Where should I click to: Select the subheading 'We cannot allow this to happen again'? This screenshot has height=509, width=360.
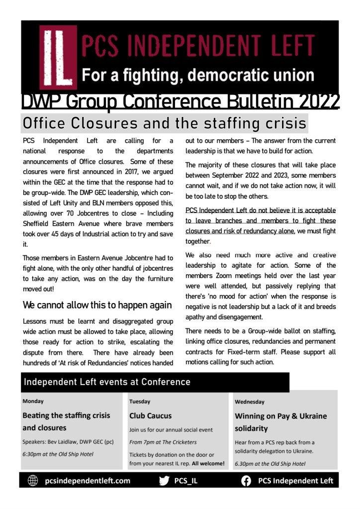[x=97, y=305]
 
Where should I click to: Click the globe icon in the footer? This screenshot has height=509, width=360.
[x=33, y=481]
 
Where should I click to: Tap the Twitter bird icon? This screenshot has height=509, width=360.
[x=164, y=481]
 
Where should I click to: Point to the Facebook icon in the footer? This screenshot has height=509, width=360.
[x=246, y=481]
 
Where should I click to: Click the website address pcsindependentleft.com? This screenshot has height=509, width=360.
[x=88, y=481]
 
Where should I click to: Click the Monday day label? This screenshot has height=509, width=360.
[x=33, y=401]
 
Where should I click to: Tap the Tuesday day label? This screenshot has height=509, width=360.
[x=140, y=401]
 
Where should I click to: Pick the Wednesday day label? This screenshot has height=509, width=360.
[x=250, y=401]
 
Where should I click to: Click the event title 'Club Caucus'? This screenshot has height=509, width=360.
[x=150, y=415]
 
